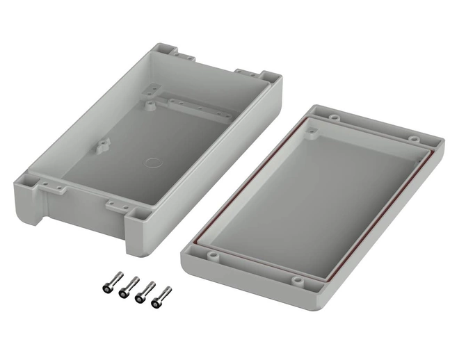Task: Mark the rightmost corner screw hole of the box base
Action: tap(268, 76)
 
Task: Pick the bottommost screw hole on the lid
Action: tap(298, 281)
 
